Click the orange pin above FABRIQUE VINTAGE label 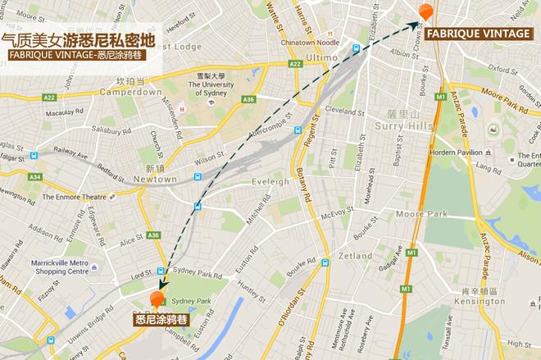click(424, 12)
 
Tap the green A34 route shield click(34, 176)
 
